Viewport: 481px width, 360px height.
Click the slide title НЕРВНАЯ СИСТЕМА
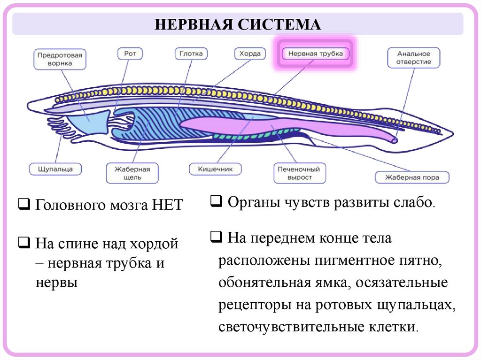point(238,24)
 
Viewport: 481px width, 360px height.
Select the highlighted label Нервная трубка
point(316,54)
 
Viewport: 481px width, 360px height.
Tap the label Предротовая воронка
point(60,59)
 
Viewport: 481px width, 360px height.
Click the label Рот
point(130,54)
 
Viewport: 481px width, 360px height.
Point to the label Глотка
point(191,54)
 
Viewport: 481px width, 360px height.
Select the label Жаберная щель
point(132,173)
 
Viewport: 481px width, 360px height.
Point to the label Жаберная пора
point(412,177)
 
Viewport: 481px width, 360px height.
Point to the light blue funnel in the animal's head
point(90,123)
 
